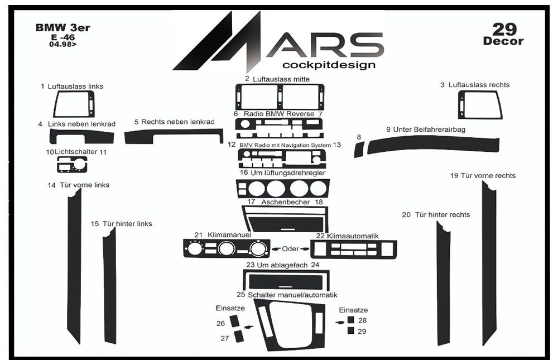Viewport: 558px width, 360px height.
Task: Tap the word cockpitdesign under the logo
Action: point(329,65)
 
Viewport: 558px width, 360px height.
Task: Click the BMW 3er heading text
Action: point(62,27)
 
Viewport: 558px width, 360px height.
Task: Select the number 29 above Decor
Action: point(504,29)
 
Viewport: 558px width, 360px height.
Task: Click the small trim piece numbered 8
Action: point(359,149)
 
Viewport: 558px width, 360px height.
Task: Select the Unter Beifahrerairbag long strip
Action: point(433,145)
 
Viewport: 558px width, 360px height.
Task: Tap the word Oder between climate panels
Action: point(290,248)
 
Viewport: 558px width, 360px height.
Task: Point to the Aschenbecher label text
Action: point(285,202)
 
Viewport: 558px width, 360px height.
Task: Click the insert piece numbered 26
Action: point(234,320)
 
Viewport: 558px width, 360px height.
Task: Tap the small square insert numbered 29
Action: point(350,331)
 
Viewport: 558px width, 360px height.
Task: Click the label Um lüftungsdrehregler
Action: point(288,172)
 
